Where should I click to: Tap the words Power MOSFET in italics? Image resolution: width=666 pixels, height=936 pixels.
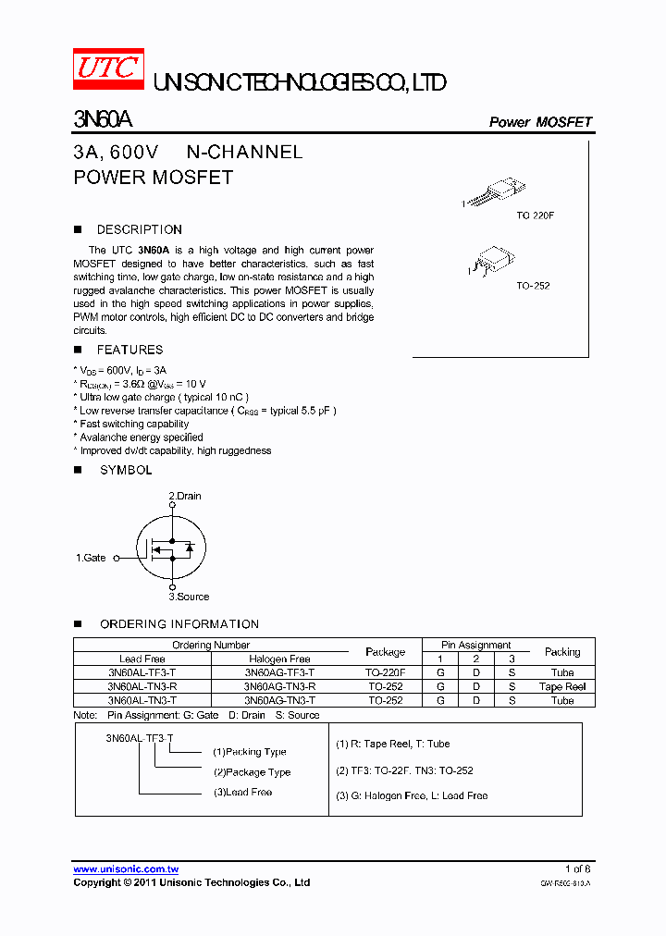[540, 122]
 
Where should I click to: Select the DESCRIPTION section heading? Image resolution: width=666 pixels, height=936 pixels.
[139, 229]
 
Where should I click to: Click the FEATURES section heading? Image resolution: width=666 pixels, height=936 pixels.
[129, 350]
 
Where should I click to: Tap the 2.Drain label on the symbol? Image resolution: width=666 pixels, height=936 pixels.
[184, 496]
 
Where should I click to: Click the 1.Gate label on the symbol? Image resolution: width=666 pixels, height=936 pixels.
[91, 558]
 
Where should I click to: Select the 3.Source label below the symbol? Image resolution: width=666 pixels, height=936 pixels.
[189, 597]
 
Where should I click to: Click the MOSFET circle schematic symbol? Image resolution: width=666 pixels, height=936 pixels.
[171, 548]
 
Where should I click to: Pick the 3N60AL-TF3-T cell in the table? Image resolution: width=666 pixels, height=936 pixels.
[142, 672]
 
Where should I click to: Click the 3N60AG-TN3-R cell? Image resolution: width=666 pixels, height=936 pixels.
[279, 686]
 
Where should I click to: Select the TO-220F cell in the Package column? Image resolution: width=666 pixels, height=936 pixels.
[385, 672]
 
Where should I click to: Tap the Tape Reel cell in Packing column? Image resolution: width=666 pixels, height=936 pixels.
[562, 686]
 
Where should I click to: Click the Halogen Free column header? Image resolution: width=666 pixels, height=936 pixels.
[279, 659]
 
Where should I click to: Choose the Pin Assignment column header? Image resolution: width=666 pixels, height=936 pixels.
[476, 645]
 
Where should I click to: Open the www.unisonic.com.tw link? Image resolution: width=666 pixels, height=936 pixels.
[126, 868]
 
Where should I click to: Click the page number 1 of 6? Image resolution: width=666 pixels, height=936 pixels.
[577, 868]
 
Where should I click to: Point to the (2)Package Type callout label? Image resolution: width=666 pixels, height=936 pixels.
[252, 772]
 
